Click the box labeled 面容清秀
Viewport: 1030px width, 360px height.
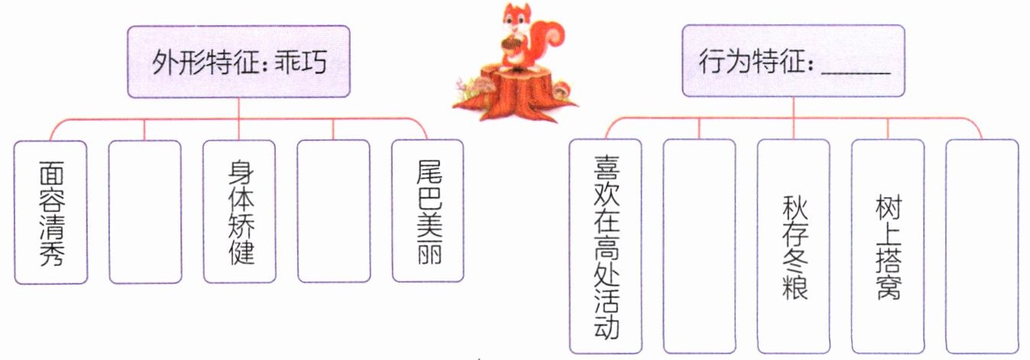pos(50,212)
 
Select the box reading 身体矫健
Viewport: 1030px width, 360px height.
pos(238,212)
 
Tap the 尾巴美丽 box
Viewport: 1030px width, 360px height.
pos(426,212)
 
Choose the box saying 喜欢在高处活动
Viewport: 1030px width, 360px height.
pos(605,246)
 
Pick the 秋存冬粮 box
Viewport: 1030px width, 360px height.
pos(793,246)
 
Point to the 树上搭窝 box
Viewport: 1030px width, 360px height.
pos(887,246)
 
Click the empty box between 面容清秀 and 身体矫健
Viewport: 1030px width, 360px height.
pos(144,212)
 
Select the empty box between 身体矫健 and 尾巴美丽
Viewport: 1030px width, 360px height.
pos(332,212)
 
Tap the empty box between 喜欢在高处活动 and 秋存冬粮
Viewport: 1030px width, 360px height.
pos(699,246)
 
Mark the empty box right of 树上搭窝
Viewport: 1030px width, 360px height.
pos(982,246)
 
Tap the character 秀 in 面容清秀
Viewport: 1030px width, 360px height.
pos(50,252)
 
